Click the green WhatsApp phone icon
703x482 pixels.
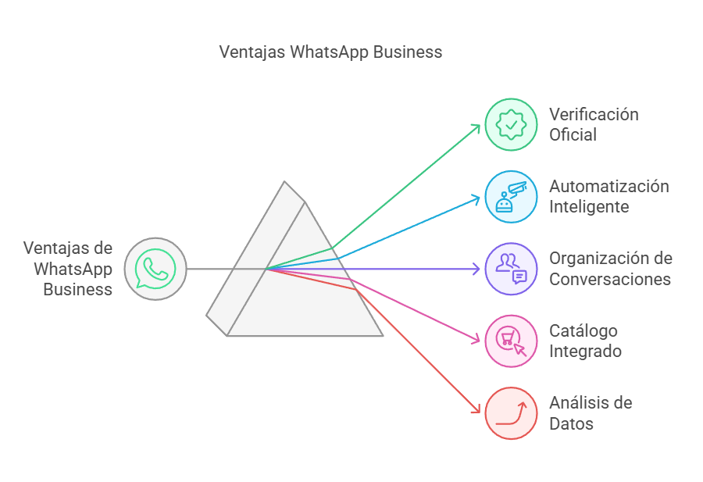tap(155, 269)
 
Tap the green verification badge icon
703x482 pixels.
tap(511, 124)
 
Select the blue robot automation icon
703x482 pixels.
tap(511, 197)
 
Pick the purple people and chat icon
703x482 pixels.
tap(511, 269)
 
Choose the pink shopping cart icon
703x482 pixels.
tap(511, 341)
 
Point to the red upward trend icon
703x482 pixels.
tap(511, 412)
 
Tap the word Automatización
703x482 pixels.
tap(608, 186)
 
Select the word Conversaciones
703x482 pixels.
tap(610, 279)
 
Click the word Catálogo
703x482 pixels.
tap(583, 330)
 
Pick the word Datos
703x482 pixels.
tap(571, 423)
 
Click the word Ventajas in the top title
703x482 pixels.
tap(251, 52)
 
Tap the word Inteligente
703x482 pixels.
tap(589, 207)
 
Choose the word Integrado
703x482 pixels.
tap(585, 351)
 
